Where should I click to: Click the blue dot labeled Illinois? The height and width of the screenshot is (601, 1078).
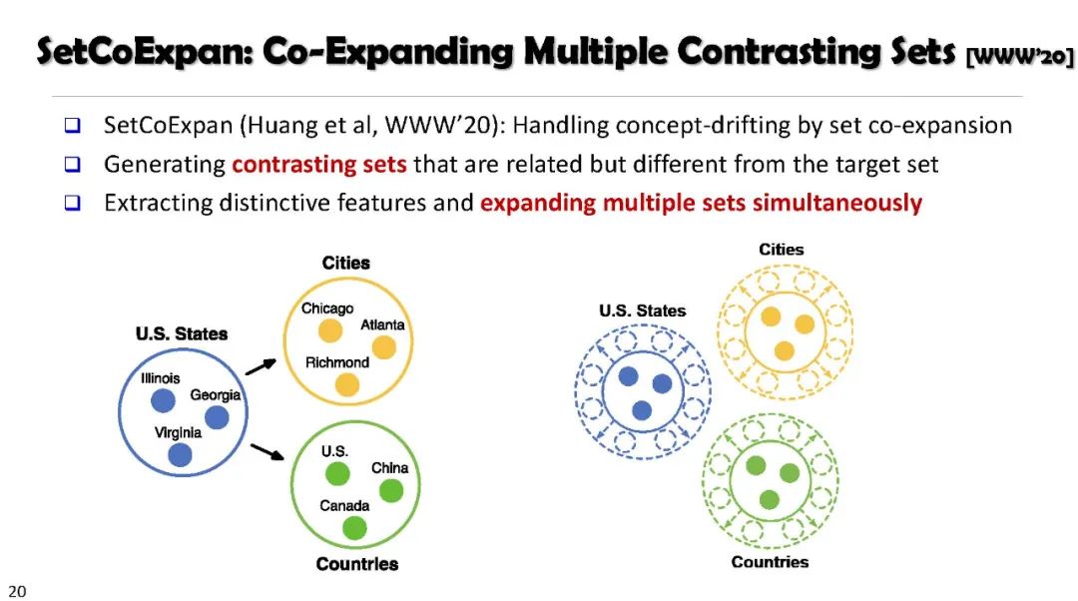[163, 400]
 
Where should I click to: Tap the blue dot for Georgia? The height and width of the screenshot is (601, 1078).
[217, 417]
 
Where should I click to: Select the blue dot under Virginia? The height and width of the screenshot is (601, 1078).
[180, 455]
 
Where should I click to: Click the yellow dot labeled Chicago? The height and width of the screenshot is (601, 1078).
[329, 330]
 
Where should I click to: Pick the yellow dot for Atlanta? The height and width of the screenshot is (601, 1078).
[384, 346]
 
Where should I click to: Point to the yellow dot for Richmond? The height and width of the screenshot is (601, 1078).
[346, 384]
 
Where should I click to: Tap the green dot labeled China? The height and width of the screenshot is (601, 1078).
[391, 490]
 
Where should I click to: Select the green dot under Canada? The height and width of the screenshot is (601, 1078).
[354, 527]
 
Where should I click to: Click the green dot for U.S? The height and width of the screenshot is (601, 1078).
[337, 473]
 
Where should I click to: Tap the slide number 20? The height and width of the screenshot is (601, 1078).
[18, 590]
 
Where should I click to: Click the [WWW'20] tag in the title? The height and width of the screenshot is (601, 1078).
[1019, 58]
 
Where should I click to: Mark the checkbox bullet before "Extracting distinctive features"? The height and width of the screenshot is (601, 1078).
[72, 203]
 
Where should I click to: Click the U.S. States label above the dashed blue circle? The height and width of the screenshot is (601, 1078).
[643, 310]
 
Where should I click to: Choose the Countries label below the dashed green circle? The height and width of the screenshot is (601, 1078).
[770, 562]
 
